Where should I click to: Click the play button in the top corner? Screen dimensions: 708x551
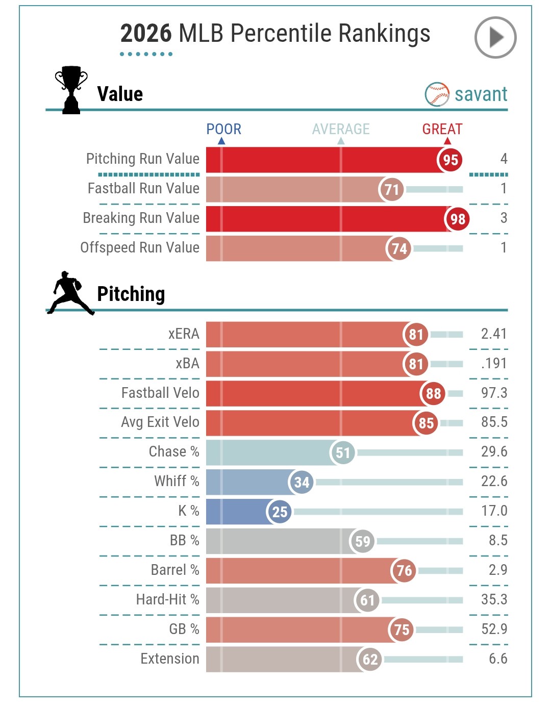[x=495, y=37]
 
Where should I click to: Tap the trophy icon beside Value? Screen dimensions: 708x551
[x=71, y=90]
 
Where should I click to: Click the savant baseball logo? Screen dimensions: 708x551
[x=437, y=94]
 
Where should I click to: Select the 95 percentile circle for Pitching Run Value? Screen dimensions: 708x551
[x=450, y=160]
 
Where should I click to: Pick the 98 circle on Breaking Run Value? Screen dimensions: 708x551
[x=457, y=219]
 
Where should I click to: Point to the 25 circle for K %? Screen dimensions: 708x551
[x=280, y=511]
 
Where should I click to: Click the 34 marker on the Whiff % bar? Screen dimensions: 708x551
[x=302, y=482]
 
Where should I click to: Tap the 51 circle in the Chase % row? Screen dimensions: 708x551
[x=342, y=452]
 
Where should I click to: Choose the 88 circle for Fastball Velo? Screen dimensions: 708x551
[x=433, y=393]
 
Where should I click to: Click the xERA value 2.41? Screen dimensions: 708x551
[x=493, y=334]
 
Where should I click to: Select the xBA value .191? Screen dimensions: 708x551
[x=493, y=364]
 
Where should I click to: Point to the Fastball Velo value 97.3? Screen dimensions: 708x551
[x=493, y=393]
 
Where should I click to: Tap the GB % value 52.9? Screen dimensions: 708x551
[x=493, y=629]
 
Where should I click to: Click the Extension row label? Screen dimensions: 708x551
[x=170, y=659]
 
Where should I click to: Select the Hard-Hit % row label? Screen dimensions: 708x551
[x=167, y=599]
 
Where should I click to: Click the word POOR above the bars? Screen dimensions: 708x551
[x=223, y=129]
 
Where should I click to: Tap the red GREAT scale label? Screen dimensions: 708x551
[x=442, y=129]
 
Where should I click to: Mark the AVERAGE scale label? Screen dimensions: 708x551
[x=341, y=129]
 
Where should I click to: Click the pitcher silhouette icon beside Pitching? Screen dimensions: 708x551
[x=70, y=293]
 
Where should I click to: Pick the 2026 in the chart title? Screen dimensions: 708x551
[x=146, y=34]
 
